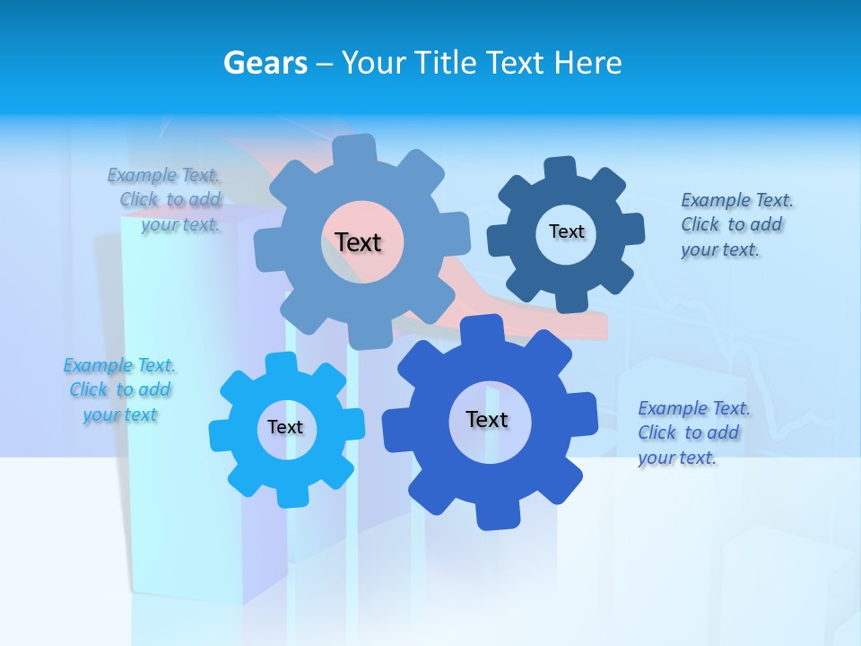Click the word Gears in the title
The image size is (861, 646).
pyautogui.click(x=265, y=63)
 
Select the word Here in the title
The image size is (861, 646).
pyautogui.click(x=587, y=63)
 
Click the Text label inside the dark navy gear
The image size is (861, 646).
pyautogui.click(x=566, y=231)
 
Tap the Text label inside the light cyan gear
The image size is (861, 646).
pyautogui.click(x=285, y=427)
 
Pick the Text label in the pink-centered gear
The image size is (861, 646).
pyautogui.click(x=358, y=242)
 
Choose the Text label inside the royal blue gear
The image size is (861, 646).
pyautogui.click(x=487, y=419)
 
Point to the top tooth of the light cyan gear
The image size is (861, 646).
pyautogui.click(x=281, y=362)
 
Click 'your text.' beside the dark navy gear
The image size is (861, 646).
pyautogui.click(x=720, y=249)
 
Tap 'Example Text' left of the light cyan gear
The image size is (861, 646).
pyautogui.click(x=119, y=365)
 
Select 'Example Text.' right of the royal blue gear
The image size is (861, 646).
pyautogui.click(x=694, y=408)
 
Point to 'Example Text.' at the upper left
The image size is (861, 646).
pyautogui.click(x=163, y=175)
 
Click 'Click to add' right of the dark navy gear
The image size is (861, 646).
pyautogui.click(x=731, y=224)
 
